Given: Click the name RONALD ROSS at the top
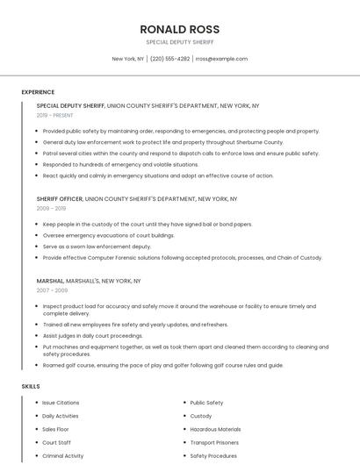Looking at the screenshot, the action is point(179,29).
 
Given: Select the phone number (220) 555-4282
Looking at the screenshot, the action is point(169,59).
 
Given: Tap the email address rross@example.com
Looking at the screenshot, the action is point(221,59).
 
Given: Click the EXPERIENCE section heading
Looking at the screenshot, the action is point(38,92).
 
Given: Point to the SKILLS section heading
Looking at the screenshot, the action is point(31,386).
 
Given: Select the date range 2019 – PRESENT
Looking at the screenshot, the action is point(56,115).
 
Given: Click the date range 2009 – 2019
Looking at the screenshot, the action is point(51,209).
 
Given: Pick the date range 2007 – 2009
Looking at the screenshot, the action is point(51,290).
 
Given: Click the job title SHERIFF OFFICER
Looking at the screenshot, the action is point(60,199).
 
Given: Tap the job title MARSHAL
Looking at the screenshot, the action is point(49,281).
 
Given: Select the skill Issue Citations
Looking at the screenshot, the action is point(61,403).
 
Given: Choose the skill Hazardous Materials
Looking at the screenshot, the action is point(215,429).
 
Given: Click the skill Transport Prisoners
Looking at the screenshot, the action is point(215,443).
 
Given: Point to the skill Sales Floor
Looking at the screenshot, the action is point(55,429).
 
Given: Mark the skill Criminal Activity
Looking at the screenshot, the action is point(62,456).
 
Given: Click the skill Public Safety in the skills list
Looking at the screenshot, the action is point(206,403).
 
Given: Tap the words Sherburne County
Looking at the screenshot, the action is point(260,142).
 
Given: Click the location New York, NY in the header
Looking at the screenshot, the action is point(128,59).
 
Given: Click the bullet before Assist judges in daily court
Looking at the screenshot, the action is point(36,335).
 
